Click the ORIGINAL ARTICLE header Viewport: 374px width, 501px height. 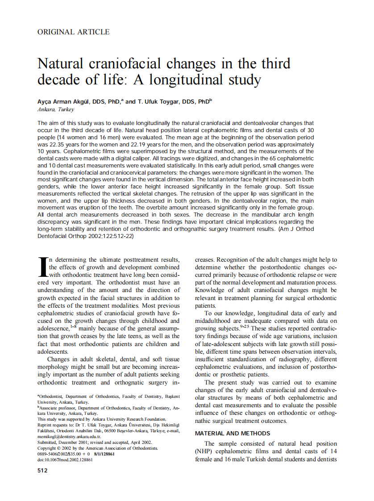point(74,32)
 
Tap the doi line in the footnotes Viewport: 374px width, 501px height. point(65,459)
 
